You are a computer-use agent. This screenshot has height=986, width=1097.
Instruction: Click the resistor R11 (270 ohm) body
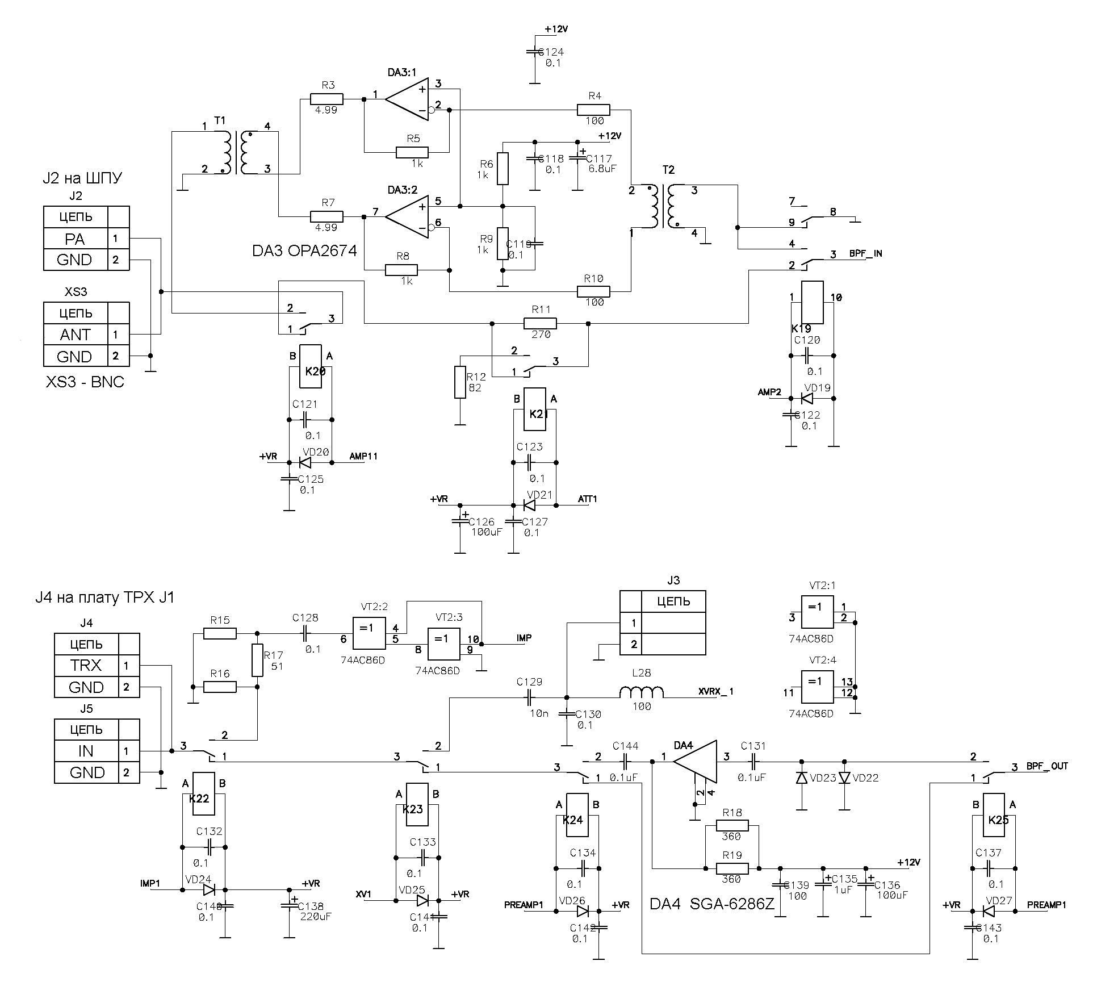[540, 324]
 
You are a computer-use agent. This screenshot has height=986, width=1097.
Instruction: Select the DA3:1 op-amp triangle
[407, 99]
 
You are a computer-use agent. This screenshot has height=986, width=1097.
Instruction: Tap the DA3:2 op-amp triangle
[407, 216]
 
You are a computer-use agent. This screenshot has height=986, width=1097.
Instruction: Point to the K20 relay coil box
[311, 366]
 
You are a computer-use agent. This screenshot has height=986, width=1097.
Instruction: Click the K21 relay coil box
[534, 410]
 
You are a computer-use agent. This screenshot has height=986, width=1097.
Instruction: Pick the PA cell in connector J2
[75, 239]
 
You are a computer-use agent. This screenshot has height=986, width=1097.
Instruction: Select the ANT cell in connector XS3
[75, 335]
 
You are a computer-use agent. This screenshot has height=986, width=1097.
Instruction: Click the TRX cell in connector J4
[86, 665]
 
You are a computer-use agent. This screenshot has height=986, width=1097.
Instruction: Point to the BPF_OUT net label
[1047, 766]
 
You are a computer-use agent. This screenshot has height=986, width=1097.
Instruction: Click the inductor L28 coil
[641, 692]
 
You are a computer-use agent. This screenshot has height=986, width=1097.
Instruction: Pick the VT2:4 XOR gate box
[817, 687]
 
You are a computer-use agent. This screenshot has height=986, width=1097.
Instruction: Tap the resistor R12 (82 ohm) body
[460, 382]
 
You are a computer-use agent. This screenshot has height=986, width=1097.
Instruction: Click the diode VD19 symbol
[807, 398]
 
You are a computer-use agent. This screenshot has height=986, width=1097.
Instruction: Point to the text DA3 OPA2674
[304, 250]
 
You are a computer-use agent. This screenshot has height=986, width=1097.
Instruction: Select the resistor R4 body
[593, 110]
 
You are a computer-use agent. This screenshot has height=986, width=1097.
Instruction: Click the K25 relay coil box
[998, 820]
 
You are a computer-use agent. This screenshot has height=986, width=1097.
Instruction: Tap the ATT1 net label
[587, 499]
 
